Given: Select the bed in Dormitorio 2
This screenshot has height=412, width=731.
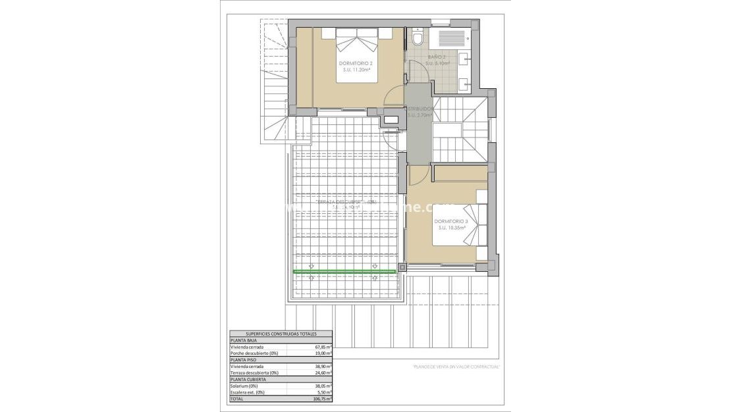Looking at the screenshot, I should click(x=358, y=56).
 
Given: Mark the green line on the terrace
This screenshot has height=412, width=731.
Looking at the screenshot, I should click(x=344, y=271).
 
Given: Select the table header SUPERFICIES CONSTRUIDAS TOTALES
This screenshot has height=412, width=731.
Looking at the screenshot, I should click(x=281, y=334).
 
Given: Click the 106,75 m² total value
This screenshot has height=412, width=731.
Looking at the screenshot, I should click(x=323, y=399).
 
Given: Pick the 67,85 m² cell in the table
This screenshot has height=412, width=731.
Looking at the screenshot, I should click(x=323, y=346).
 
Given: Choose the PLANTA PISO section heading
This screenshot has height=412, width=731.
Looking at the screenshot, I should click(x=243, y=360).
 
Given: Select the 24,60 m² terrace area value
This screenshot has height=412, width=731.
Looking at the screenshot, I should click(x=323, y=373).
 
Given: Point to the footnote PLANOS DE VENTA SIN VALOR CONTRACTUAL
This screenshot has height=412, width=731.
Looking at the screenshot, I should click(x=456, y=366).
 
